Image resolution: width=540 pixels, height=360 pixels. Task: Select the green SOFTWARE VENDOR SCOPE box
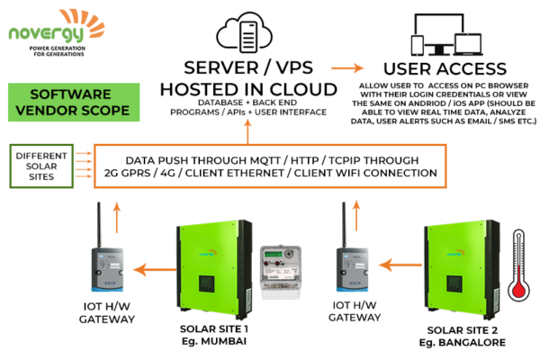[x=73, y=103]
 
